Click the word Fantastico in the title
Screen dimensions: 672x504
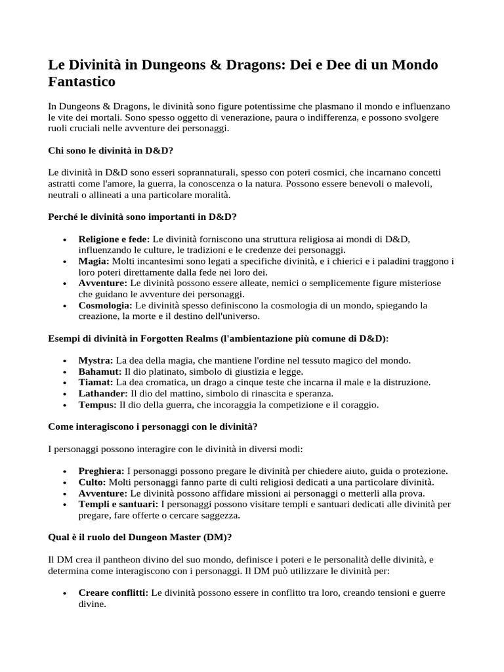coord(82,81)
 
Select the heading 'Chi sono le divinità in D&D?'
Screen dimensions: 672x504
coord(111,150)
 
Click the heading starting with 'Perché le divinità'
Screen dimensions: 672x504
coord(142,217)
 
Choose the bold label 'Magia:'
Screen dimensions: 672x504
coord(94,261)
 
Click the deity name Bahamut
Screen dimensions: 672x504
coord(100,371)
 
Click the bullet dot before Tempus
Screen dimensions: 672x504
coord(64,405)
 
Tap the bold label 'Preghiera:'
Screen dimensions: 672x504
coord(101,471)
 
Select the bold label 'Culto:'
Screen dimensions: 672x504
coord(92,482)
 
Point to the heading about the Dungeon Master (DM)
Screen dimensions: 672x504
coord(140,537)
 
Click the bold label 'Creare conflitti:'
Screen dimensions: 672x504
coord(114,593)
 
